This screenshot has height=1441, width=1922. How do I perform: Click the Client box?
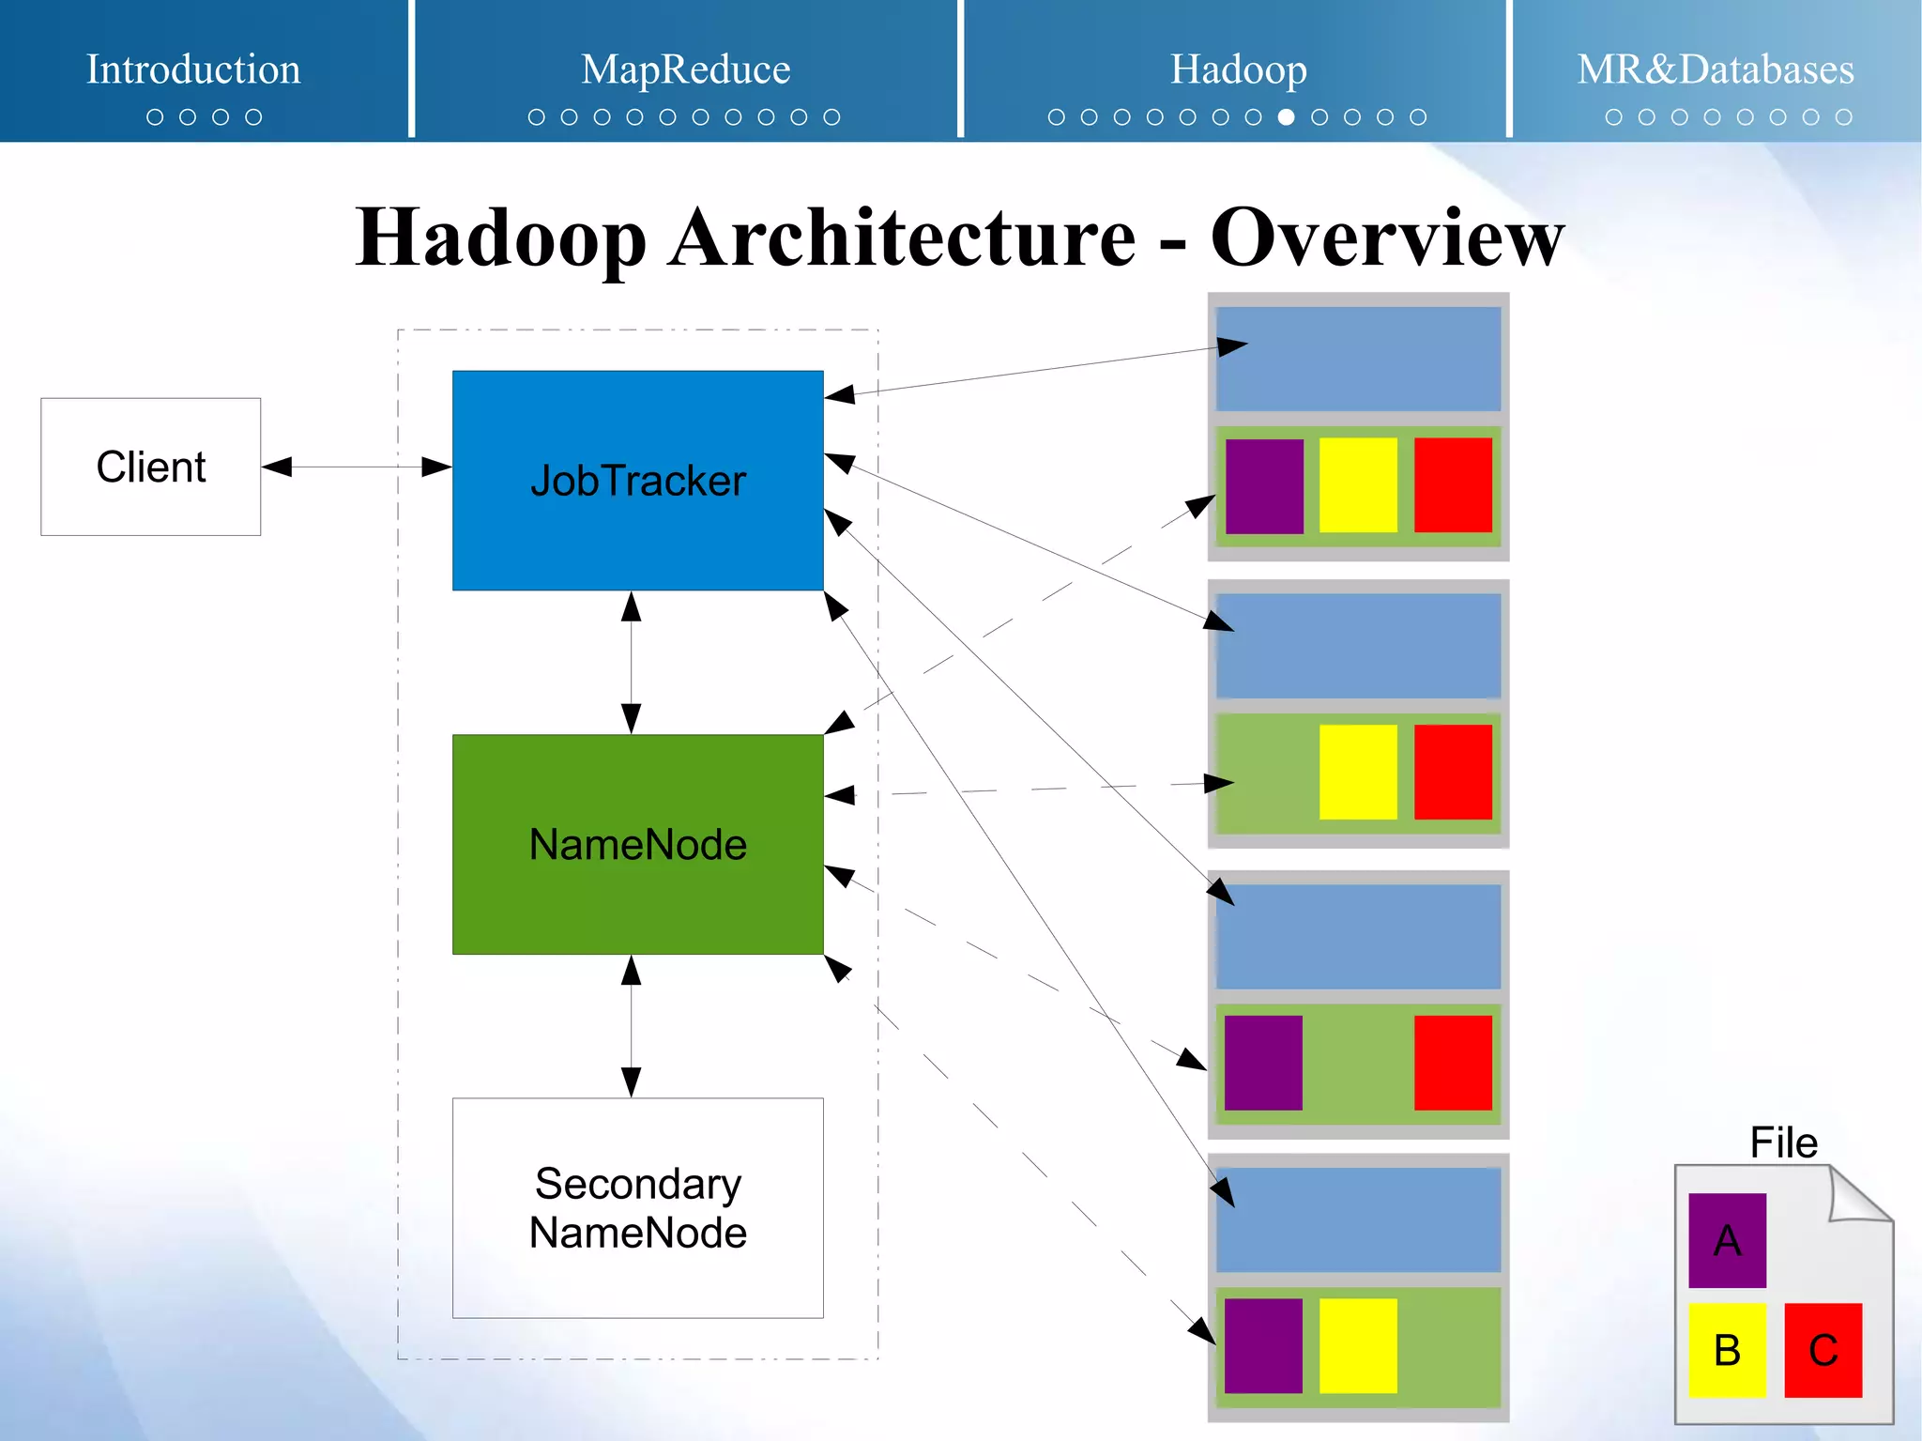[x=150, y=467]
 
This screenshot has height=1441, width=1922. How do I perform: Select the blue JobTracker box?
[x=637, y=480]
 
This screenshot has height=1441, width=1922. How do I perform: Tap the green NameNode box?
[x=637, y=844]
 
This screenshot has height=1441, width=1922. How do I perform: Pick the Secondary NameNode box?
[x=637, y=1207]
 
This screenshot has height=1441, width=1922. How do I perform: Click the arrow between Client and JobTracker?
[x=357, y=467]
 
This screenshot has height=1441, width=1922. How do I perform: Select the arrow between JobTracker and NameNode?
[x=632, y=662]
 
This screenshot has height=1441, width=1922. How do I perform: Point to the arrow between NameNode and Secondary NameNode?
[x=632, y=1026]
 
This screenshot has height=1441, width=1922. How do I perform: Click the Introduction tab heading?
[x=193, y=69]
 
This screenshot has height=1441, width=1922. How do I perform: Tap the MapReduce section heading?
[x=685, y=69]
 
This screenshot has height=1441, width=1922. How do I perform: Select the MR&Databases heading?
[x=1715, y=69]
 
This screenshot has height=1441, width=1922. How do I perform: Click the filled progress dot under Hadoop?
[x=1286, y=117]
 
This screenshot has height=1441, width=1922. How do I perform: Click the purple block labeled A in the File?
[x=1727, y=1240]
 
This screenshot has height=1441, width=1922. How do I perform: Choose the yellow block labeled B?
[x=1727, y=1350]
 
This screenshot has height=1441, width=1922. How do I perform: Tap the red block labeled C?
[x=1823, y=1350]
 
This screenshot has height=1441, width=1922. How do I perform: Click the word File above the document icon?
[x=1783, y=1142]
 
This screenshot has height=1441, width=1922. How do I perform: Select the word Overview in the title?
[x=1387, y=238]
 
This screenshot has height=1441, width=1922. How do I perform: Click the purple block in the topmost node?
[x=1264, y=485]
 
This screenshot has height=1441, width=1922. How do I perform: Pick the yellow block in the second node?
[x=1357, y=772]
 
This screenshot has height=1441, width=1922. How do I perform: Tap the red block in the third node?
[x=1453, y=1062]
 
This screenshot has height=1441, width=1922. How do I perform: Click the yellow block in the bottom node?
[x=1357, y=1345]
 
